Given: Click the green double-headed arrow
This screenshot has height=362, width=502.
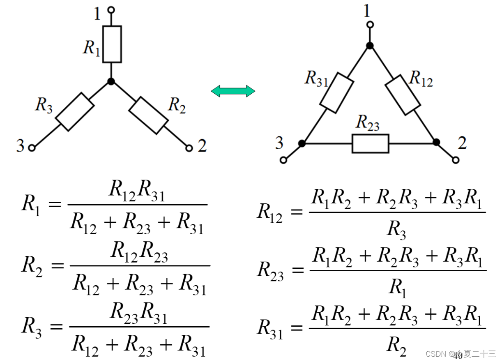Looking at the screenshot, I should point(233,91).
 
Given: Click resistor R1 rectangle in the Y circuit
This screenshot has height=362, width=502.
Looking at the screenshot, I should point(112,44).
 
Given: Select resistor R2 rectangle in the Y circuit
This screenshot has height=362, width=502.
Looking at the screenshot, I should point(148,115).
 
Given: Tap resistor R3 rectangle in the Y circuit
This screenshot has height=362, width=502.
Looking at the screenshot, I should point(75,112).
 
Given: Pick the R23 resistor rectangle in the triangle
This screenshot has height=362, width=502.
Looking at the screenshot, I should point(370,143).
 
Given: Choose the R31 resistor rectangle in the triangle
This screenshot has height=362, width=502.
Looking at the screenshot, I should point(336,93).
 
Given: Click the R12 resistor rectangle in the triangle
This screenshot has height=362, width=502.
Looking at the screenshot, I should point(403,94).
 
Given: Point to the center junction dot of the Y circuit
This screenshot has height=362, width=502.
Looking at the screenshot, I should point(111,81).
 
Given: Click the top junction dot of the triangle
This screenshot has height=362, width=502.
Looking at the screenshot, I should point(370,46).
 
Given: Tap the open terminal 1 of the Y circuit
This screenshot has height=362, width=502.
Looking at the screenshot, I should point(111,9).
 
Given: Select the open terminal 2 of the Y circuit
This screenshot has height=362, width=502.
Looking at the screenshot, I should point(189,148).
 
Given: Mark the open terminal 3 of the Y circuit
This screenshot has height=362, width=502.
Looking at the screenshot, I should point(31,148).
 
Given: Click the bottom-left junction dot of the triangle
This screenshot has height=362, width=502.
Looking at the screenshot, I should point(302,143).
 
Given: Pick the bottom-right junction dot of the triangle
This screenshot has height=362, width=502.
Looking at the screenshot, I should point(436,142).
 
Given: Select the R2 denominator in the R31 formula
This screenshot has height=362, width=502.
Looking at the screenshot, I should point(396,346).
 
